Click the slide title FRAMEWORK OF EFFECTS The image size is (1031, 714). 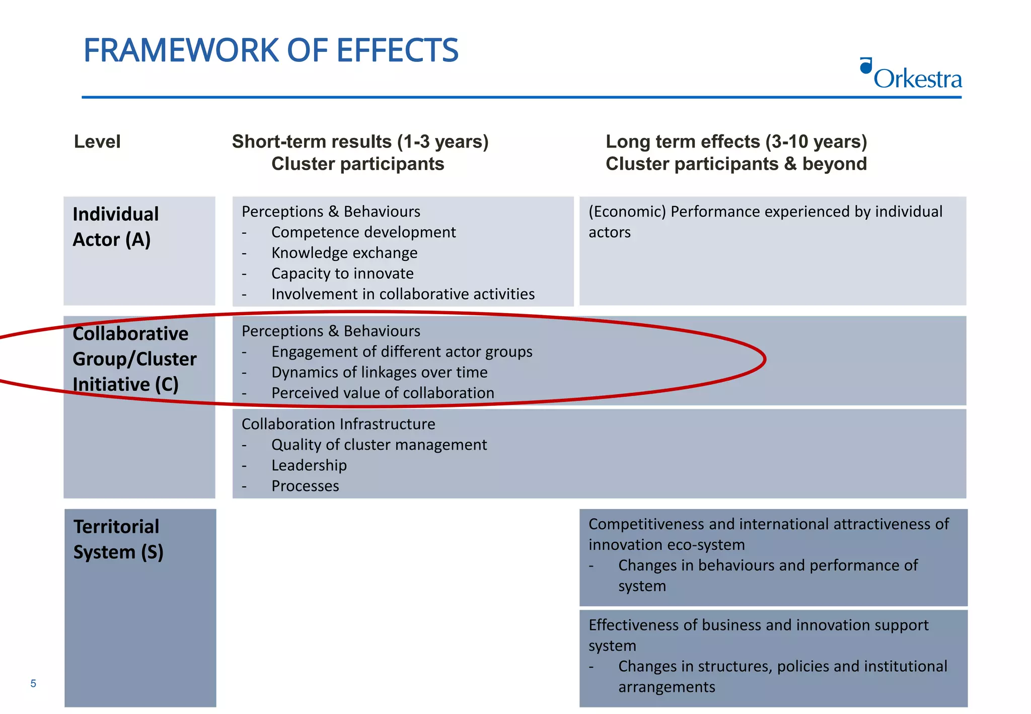coord(271,50)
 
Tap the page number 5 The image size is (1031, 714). coord(33,683)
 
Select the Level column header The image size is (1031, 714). coord(97,141)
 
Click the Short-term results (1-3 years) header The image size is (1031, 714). coord(360,142)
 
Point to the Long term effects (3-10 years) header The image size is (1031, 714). coord(736,142)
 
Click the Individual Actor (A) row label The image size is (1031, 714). coord(115,227)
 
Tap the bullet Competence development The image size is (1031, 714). coord(363,232)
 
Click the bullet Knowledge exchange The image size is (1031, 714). coord(344,253)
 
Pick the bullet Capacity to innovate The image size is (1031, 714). coord(342,273)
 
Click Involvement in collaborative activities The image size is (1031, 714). coord(403,294)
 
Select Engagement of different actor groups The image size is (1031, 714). coord(402,351)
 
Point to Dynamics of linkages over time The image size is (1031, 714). coord(379,372)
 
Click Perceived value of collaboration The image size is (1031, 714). coord(383,393)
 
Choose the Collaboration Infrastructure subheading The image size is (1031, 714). coord(338,424)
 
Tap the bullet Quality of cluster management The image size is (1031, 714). coord(379,445)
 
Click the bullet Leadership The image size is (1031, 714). coord(309,465)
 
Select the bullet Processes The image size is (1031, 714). coord(305,486)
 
